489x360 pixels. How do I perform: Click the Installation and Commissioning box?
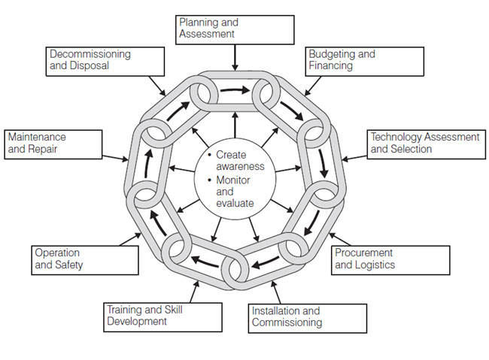[x=307, y=316]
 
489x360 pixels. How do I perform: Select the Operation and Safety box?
[x=85, y=259]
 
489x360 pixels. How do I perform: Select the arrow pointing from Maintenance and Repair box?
[x=114, y=159]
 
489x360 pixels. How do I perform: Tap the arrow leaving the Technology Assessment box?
[x=354, y=159]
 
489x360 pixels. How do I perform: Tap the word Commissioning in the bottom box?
[x=287, y=322]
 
